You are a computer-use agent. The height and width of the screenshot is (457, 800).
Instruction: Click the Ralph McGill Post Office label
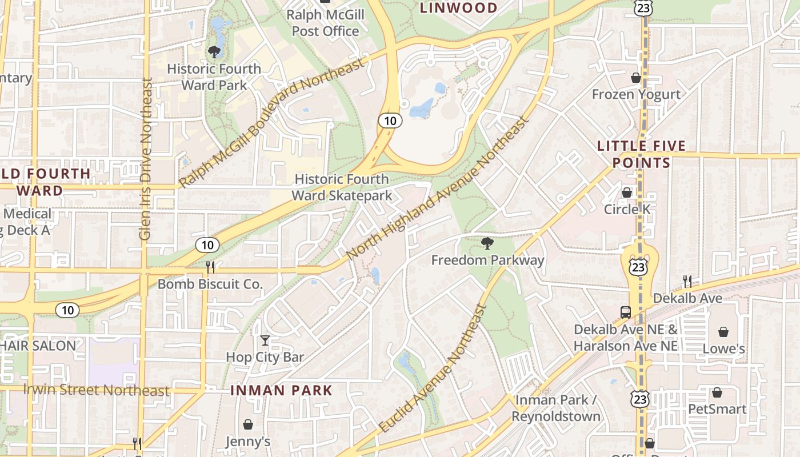pos(325,23)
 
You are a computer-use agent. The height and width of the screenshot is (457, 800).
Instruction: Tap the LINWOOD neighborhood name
pos(459,7)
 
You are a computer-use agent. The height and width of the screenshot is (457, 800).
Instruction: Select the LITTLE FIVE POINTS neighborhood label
pos(641,154)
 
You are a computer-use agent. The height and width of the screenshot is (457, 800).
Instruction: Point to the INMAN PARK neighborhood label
pos(281,391)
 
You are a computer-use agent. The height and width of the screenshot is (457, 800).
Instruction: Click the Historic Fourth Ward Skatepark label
pos(342,187)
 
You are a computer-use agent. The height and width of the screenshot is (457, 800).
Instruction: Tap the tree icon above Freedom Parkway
pos(487,244)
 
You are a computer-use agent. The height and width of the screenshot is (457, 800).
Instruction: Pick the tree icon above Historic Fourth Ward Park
pos(214,52)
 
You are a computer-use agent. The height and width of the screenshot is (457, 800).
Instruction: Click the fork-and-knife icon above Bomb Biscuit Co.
pos(210,267)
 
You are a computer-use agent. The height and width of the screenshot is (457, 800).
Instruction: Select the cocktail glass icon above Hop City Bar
pos(265,341)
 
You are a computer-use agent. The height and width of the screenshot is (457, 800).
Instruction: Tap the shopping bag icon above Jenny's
pos(248,424)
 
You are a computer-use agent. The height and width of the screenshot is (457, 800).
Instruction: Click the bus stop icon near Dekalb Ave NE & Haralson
pos(626,312)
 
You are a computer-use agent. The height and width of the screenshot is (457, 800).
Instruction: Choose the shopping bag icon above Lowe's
pos(723,332)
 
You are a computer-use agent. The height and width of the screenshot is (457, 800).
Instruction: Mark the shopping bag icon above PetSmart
pos(717,392)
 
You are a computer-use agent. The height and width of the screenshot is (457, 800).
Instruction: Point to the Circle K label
pos(627,209)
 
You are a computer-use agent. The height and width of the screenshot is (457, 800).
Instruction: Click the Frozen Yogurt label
pos(636,94)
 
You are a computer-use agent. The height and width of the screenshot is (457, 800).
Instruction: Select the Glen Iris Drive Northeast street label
pos(146,159)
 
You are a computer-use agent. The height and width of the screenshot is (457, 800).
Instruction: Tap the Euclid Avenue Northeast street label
pos(433,368)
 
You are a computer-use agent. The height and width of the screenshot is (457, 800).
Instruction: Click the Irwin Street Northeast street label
pos(96,390)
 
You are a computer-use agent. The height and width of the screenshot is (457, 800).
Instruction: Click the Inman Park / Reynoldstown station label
pos(556,408)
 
